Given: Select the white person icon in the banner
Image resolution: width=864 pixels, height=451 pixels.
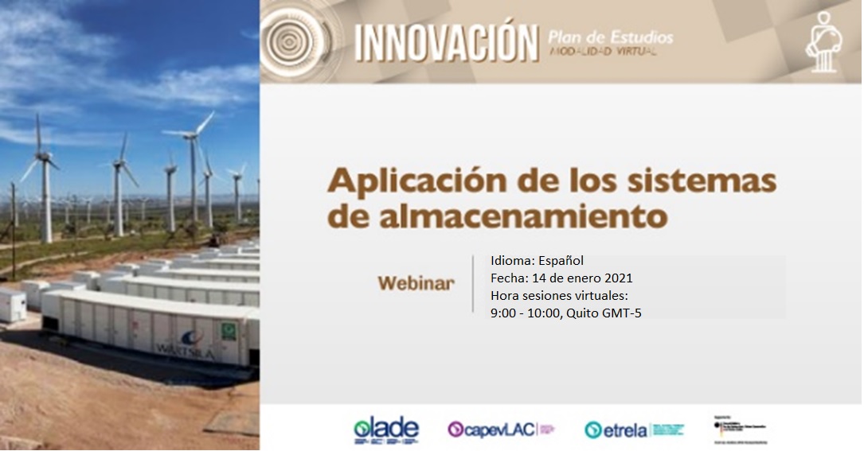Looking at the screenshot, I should click(x=825, y=43).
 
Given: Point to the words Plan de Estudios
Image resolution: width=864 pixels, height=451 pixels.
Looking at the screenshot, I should click(x=610, y=37).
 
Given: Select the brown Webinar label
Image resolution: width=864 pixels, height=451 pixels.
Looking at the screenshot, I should click(x=416, y=283).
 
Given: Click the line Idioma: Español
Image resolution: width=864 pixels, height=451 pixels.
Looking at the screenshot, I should click(x=538, y=261).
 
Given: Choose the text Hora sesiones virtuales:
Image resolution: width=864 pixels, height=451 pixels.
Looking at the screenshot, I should click(x=561, y=296).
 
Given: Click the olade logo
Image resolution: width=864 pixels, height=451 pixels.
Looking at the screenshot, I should click(x=386, y=430).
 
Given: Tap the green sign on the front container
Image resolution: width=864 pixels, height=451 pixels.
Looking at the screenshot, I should click(x=229, y=328).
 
